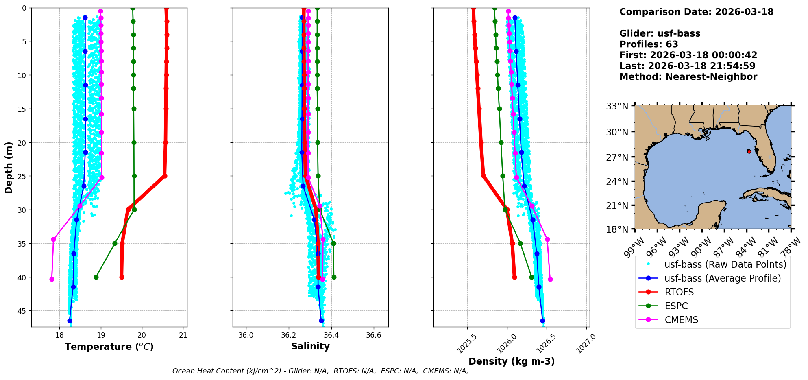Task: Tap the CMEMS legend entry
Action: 681,320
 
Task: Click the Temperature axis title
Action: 109,347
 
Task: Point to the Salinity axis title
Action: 310,346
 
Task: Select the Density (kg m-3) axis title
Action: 512,361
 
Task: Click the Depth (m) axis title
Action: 9,167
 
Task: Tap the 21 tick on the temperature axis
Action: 183,335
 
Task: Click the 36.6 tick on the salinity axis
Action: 374,335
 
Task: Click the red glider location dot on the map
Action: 749,151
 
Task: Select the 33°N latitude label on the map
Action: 617,107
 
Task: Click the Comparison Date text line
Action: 696,12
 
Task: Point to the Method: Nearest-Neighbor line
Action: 688,77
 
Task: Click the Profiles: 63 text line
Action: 649,44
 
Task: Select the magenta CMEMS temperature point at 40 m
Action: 52,279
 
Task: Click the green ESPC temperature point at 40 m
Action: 96,277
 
